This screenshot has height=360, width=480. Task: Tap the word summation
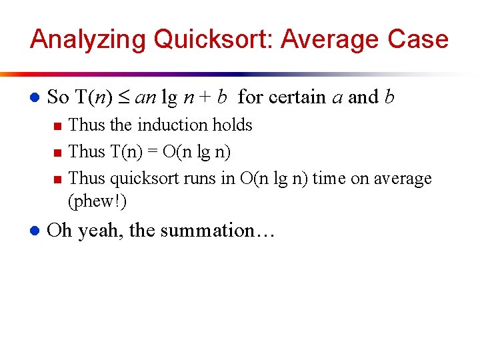(213, 231)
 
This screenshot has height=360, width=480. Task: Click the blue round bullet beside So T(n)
(34, 98)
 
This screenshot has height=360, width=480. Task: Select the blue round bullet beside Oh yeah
(34, 231)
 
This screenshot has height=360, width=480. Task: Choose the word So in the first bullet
(58, 97)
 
